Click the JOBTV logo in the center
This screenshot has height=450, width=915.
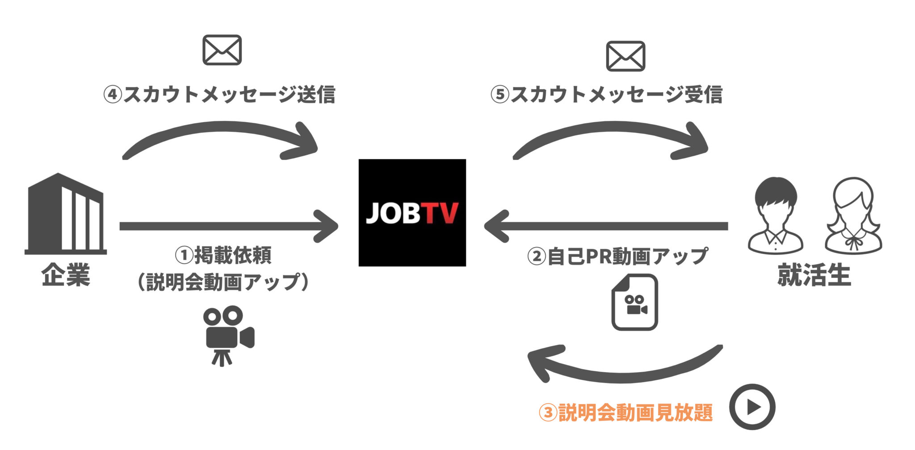click(412, 213)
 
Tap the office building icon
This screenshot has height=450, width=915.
click(65, 214)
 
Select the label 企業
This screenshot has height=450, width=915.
click(65, 274)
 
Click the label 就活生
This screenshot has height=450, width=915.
click(814, 274)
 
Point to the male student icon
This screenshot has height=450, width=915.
click(775, 215)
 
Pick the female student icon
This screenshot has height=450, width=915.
click(853, 215)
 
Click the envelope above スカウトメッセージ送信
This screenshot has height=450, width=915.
click(222, 50)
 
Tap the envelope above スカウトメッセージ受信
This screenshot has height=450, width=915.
click(625, 56)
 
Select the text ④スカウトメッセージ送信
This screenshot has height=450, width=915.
click(219, 95)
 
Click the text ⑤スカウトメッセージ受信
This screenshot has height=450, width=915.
click(606, 95)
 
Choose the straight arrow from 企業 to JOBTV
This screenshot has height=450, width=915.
click(228, 226)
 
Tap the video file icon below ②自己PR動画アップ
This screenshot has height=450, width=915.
click(634, 303)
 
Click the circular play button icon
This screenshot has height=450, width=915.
click(752, 407)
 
